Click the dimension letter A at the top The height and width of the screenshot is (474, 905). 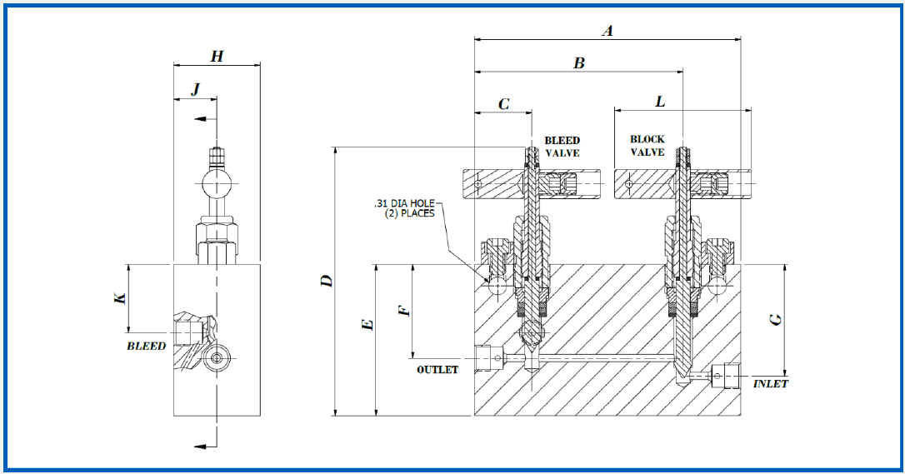point(607,31)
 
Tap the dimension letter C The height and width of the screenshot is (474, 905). point(503,104)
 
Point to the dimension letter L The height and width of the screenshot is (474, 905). point(660,102)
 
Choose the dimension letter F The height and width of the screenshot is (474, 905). point(404,310)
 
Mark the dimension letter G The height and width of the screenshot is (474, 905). point(776,318)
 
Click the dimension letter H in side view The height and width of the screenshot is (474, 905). point(217,57)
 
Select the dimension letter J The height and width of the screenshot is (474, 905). point(195,90)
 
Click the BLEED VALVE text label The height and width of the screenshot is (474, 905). point(562,147)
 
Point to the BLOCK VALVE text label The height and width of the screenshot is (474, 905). point(647,146)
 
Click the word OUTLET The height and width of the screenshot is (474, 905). point(437,370)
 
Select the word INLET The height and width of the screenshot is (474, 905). point(770,384)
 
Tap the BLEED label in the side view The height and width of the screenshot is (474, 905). point(146,346)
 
